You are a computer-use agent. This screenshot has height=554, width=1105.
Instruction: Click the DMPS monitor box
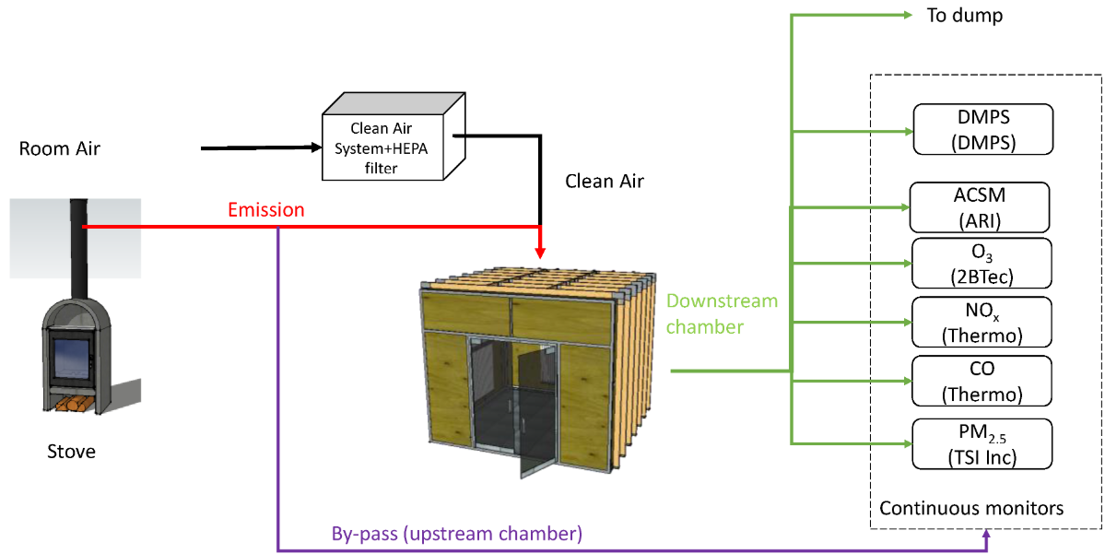point(982,129)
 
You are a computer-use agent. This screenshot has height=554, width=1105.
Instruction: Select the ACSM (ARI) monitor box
point(980,207)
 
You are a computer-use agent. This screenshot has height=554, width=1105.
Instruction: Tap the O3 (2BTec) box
point(982,264)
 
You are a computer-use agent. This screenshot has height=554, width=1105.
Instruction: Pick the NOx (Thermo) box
point(982,322)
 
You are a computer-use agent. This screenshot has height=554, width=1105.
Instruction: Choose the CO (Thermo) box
point(982,380)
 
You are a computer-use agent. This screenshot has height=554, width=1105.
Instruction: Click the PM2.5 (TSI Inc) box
point(982,443)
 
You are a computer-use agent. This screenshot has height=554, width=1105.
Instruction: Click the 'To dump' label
point(965,16)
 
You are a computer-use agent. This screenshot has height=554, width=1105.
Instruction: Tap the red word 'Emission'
point(266,210)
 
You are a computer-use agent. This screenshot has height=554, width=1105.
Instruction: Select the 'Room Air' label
point(60,148)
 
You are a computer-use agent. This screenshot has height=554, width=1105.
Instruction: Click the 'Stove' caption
point(71,452)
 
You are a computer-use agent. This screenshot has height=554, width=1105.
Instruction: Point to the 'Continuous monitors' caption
point(971,508)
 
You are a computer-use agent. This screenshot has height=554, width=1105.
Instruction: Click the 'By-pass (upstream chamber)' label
point(456,534)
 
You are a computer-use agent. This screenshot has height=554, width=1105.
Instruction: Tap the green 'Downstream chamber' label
point(722,313)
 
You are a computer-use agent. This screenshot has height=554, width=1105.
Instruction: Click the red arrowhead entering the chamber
point(540,251)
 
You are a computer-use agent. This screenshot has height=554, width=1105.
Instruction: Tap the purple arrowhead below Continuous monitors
point(987,534)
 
